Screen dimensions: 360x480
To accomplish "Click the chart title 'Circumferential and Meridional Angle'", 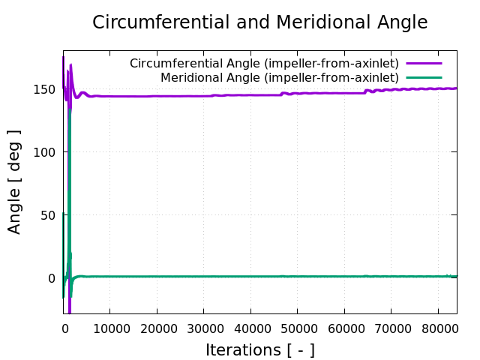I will (259, 22).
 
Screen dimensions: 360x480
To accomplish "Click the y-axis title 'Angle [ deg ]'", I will (14, 181).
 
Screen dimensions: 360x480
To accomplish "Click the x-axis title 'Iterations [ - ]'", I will (259, 349).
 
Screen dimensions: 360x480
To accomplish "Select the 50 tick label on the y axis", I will (48, 215).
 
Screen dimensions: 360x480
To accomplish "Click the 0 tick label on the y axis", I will (52, 278).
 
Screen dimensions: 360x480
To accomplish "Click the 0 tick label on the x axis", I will (64, 328).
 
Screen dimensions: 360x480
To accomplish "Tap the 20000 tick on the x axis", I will (157, 328).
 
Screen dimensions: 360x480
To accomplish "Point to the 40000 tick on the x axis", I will (250, 328).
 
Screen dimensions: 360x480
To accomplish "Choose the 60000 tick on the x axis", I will (344, 328).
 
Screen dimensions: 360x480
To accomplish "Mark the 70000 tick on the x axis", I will (391, 328).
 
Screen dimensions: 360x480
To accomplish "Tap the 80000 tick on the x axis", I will (438, 328).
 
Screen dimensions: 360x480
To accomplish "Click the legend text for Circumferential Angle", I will (264, 64).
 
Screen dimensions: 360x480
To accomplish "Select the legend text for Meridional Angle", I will (279, 77).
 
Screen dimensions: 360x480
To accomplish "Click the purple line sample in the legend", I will (424, 64).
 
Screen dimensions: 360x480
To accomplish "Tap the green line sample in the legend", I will (424, 77).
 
